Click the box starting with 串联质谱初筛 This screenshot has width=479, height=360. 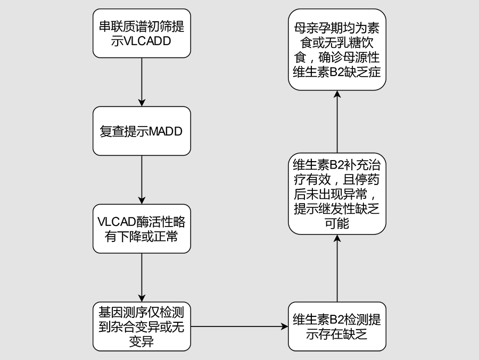(142, 33)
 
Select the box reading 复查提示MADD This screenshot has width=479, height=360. (142, 131)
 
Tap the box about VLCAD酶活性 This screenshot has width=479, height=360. (142, 229)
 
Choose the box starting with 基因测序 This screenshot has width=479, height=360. (142, 326)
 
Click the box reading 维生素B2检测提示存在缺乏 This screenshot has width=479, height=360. (337, 326)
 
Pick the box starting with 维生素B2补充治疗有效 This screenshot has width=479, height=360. (337, 194)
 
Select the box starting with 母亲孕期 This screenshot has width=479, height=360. (337, 49)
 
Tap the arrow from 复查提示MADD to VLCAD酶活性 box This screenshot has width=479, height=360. (142, 180)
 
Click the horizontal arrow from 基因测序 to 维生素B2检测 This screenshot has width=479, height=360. (240, 326)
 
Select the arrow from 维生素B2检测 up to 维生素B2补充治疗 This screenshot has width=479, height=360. (337, 268)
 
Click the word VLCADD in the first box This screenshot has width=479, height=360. (148, 41)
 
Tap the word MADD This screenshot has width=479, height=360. (166, 131)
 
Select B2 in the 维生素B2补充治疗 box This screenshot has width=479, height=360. (337, 164)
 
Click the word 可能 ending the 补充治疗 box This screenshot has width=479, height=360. (337, 223)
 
